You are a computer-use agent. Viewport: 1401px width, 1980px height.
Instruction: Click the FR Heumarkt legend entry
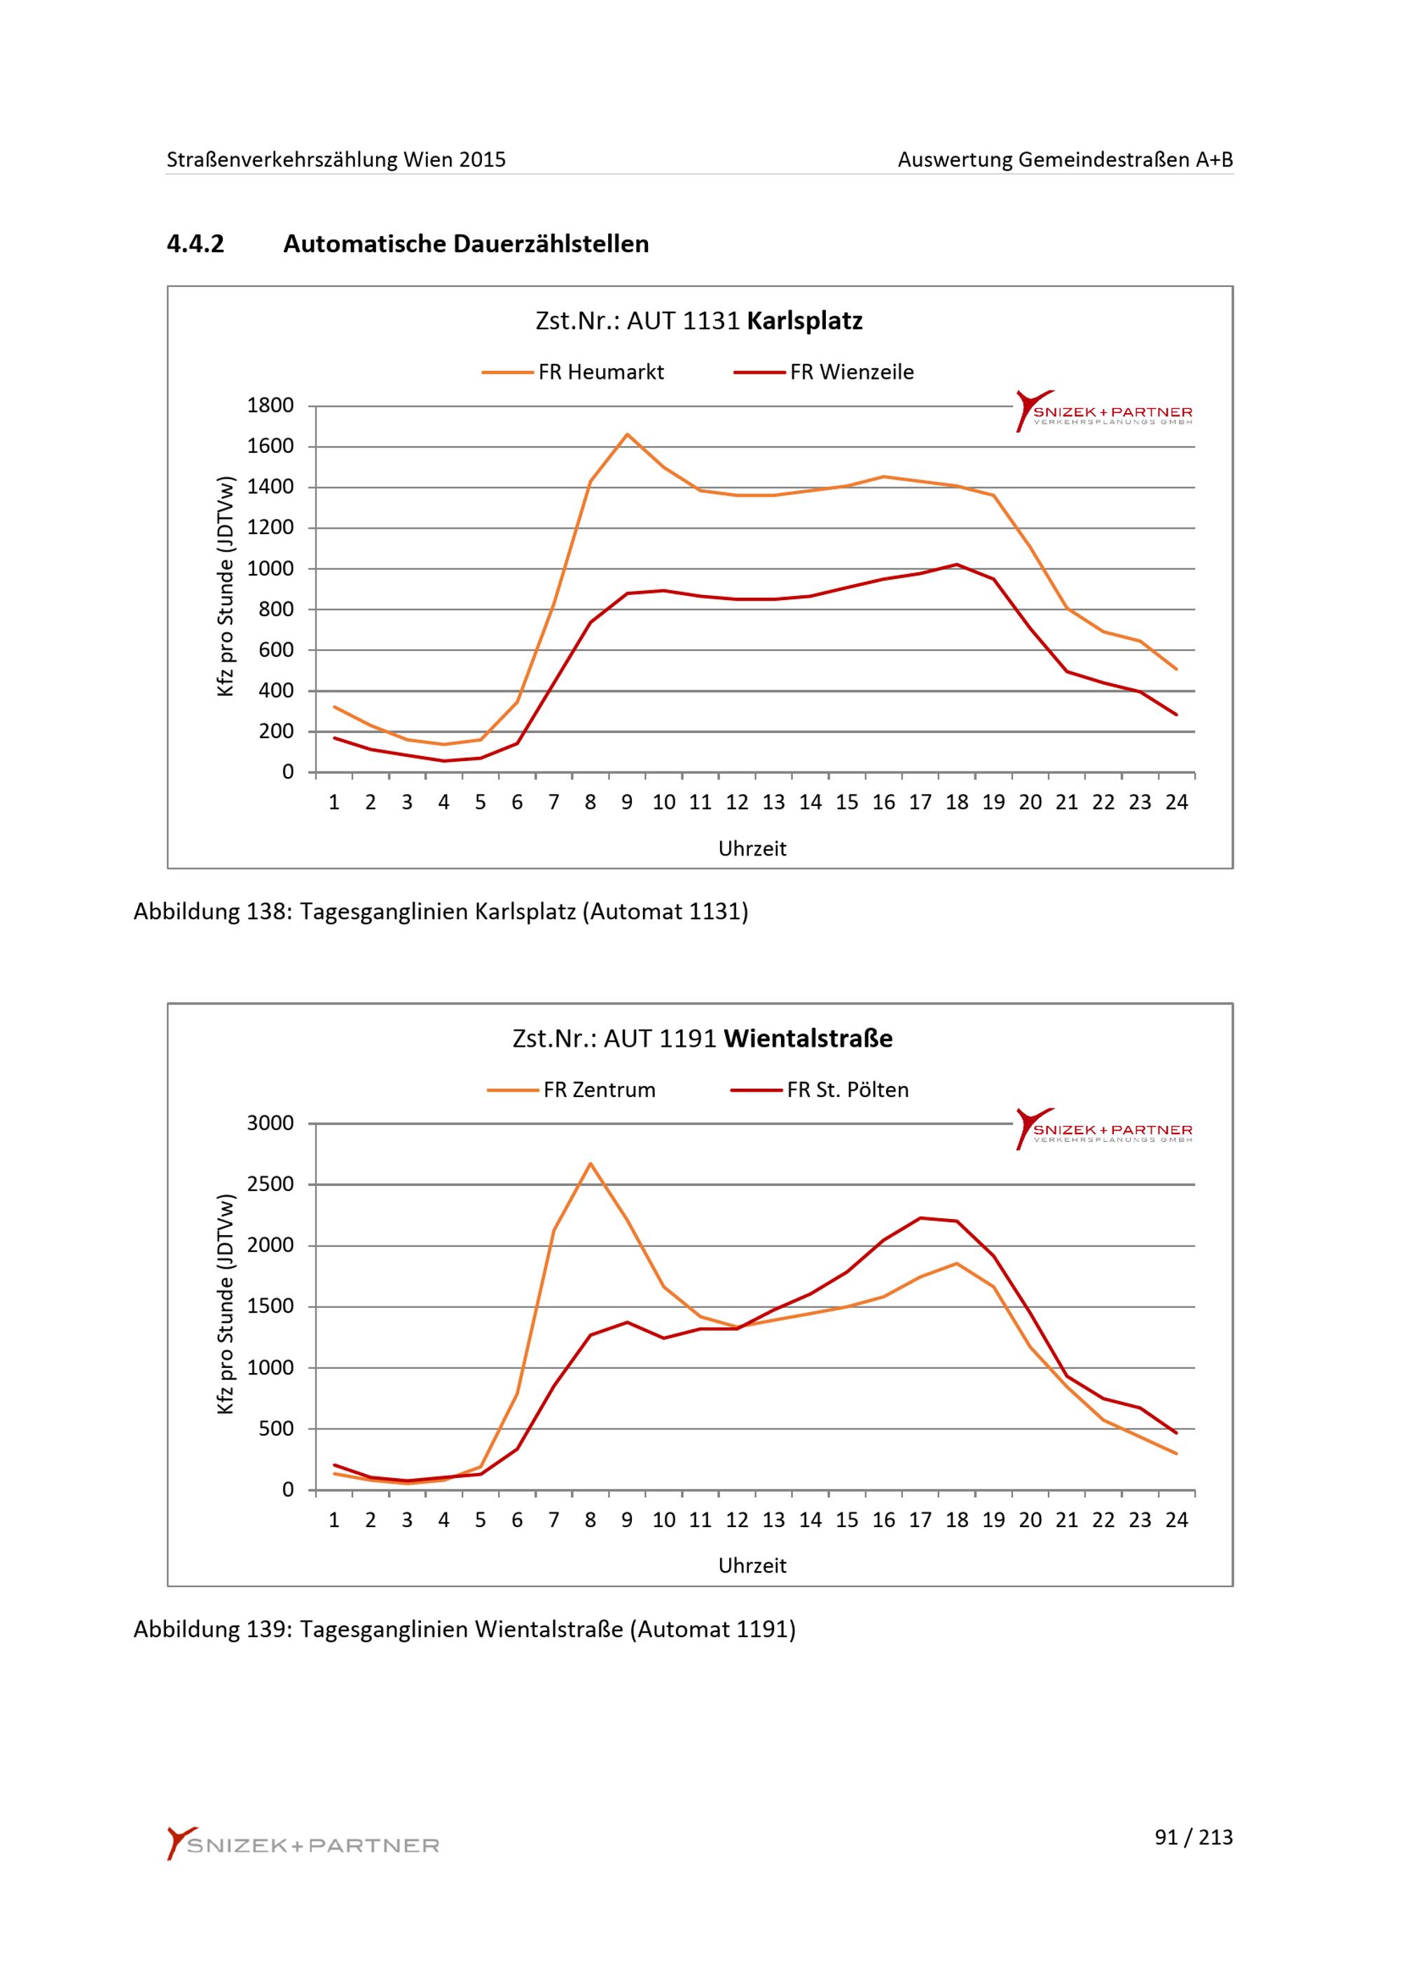pyautogui.click(x=574, y=372)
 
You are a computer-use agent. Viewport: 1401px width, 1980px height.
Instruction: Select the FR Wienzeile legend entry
pyautogui.click(x=824, y=372)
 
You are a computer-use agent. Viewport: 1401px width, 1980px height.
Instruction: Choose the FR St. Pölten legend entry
pyautogui.click(x=820, y=1090)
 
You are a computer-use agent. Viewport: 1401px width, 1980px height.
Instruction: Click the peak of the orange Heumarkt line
pyautogui.click(x=627, y=434)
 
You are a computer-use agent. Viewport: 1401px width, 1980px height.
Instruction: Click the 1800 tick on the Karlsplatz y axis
pyautogui.click(x=270, y=405)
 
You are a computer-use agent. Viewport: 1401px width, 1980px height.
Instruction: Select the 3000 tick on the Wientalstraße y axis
pyautogui.click(x=270, y=1123)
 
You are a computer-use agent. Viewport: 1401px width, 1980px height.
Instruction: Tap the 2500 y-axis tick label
pyautogui.click(x=270, y=1184)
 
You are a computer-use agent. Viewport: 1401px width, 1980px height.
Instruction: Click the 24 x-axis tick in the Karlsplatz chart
pyautogui.click(x=1177, y=803)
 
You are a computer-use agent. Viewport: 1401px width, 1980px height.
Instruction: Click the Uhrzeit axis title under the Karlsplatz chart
pyautogui.click(x=752, y=849)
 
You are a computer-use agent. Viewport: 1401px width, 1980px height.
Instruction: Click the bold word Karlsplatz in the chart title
pyautogui.click(x=805, y=321)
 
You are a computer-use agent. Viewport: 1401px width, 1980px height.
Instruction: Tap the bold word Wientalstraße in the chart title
pyautogui.click(x=808, y=1038)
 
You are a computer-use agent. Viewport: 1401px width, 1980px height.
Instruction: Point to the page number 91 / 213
pyautogui.click(x=1194, y=1838)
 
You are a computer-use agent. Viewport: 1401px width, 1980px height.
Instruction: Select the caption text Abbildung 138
pyautogui.click(x=210, y=912)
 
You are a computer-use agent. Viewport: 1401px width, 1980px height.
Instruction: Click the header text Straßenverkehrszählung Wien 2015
pyautogui.click(x=336, y=160)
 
